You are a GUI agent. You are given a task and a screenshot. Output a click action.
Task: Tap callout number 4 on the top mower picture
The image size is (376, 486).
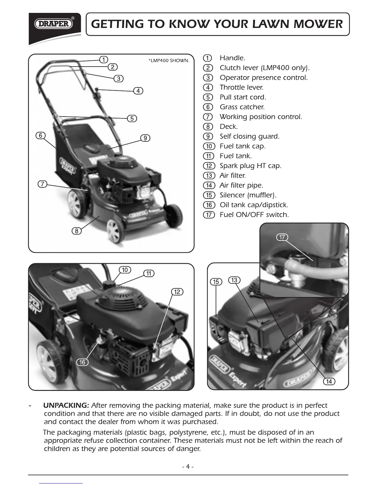(x=139, y=91)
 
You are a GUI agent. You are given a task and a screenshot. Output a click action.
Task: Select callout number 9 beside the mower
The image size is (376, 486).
(x=145, y=138)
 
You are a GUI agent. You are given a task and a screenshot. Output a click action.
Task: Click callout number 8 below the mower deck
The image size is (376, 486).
(x=76, y=231)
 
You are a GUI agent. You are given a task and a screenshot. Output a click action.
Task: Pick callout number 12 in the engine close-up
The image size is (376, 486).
(x=177, y=291)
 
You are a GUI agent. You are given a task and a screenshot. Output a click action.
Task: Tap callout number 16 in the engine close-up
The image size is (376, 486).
(x=82, y=362)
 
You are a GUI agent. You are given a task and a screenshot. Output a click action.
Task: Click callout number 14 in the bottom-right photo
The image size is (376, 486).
(x=329, y=381)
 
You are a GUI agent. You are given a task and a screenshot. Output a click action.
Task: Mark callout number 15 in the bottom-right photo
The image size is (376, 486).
(x=216, y=282)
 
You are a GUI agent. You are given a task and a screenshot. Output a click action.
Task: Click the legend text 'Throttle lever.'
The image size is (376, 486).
(x=241, y=87)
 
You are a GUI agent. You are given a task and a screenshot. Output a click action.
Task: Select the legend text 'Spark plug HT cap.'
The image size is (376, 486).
(x=250, y=166)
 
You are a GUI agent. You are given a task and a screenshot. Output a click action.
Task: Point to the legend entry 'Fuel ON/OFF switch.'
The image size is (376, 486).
(x=254, y=215)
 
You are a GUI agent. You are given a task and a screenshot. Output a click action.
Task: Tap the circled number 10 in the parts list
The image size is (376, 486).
(x=209, y=146)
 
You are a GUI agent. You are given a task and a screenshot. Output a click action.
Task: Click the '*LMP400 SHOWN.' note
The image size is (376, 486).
(x=169, y=61)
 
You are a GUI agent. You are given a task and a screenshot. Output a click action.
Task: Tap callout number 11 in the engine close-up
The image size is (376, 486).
(x=149, y=273)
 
